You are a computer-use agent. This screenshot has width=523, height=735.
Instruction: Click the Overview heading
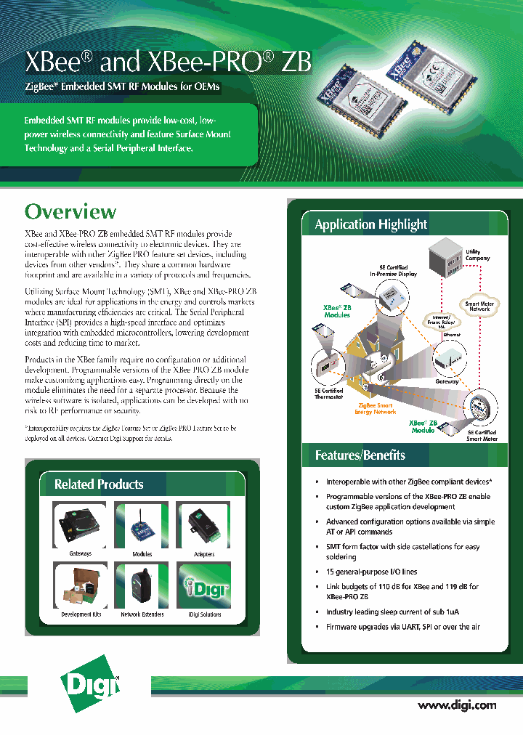[x=70, y=211]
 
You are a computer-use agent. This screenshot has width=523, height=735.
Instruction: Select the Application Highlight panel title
[x=370, y=224]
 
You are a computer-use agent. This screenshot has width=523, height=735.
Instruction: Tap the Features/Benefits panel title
[x=360, y=455]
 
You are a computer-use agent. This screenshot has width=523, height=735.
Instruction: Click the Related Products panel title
[x=99, y=484]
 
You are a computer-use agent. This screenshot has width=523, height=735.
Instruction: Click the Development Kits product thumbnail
[x=80, y=585]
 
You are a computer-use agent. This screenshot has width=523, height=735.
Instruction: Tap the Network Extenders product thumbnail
[x=142, y=585]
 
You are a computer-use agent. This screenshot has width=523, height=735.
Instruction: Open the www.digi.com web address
[x=457, y=704]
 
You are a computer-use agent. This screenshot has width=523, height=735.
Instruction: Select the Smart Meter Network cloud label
[x=477, y=306]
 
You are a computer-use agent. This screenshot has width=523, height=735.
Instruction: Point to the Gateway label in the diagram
[x=447, y=381]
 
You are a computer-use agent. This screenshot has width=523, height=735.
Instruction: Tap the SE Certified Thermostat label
[x=328, y=394]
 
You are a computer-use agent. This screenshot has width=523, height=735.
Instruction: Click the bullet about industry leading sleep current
[x=392, y=612]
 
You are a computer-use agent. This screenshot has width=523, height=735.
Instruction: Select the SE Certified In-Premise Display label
[x=392, y=271]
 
